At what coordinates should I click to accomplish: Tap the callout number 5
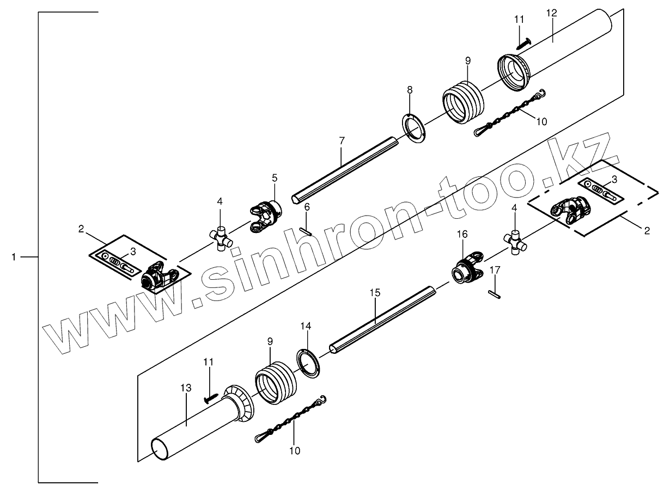point(275,177)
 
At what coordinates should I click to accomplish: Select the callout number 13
point(186,388)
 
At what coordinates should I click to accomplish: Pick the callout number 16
point(462,234)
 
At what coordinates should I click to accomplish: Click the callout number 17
point(495,270)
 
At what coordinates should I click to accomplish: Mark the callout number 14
point(306,327)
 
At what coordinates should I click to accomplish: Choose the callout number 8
point(410,89)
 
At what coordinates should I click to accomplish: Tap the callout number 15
point(374,293)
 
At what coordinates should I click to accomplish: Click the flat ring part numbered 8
point(415,129)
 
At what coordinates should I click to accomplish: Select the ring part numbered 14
point(309,363)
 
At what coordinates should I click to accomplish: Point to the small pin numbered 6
point(305,231)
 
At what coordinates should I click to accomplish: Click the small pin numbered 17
point(495,293)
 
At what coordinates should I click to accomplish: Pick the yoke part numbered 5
point(266,216)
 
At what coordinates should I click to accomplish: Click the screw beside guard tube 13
point(211,398)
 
